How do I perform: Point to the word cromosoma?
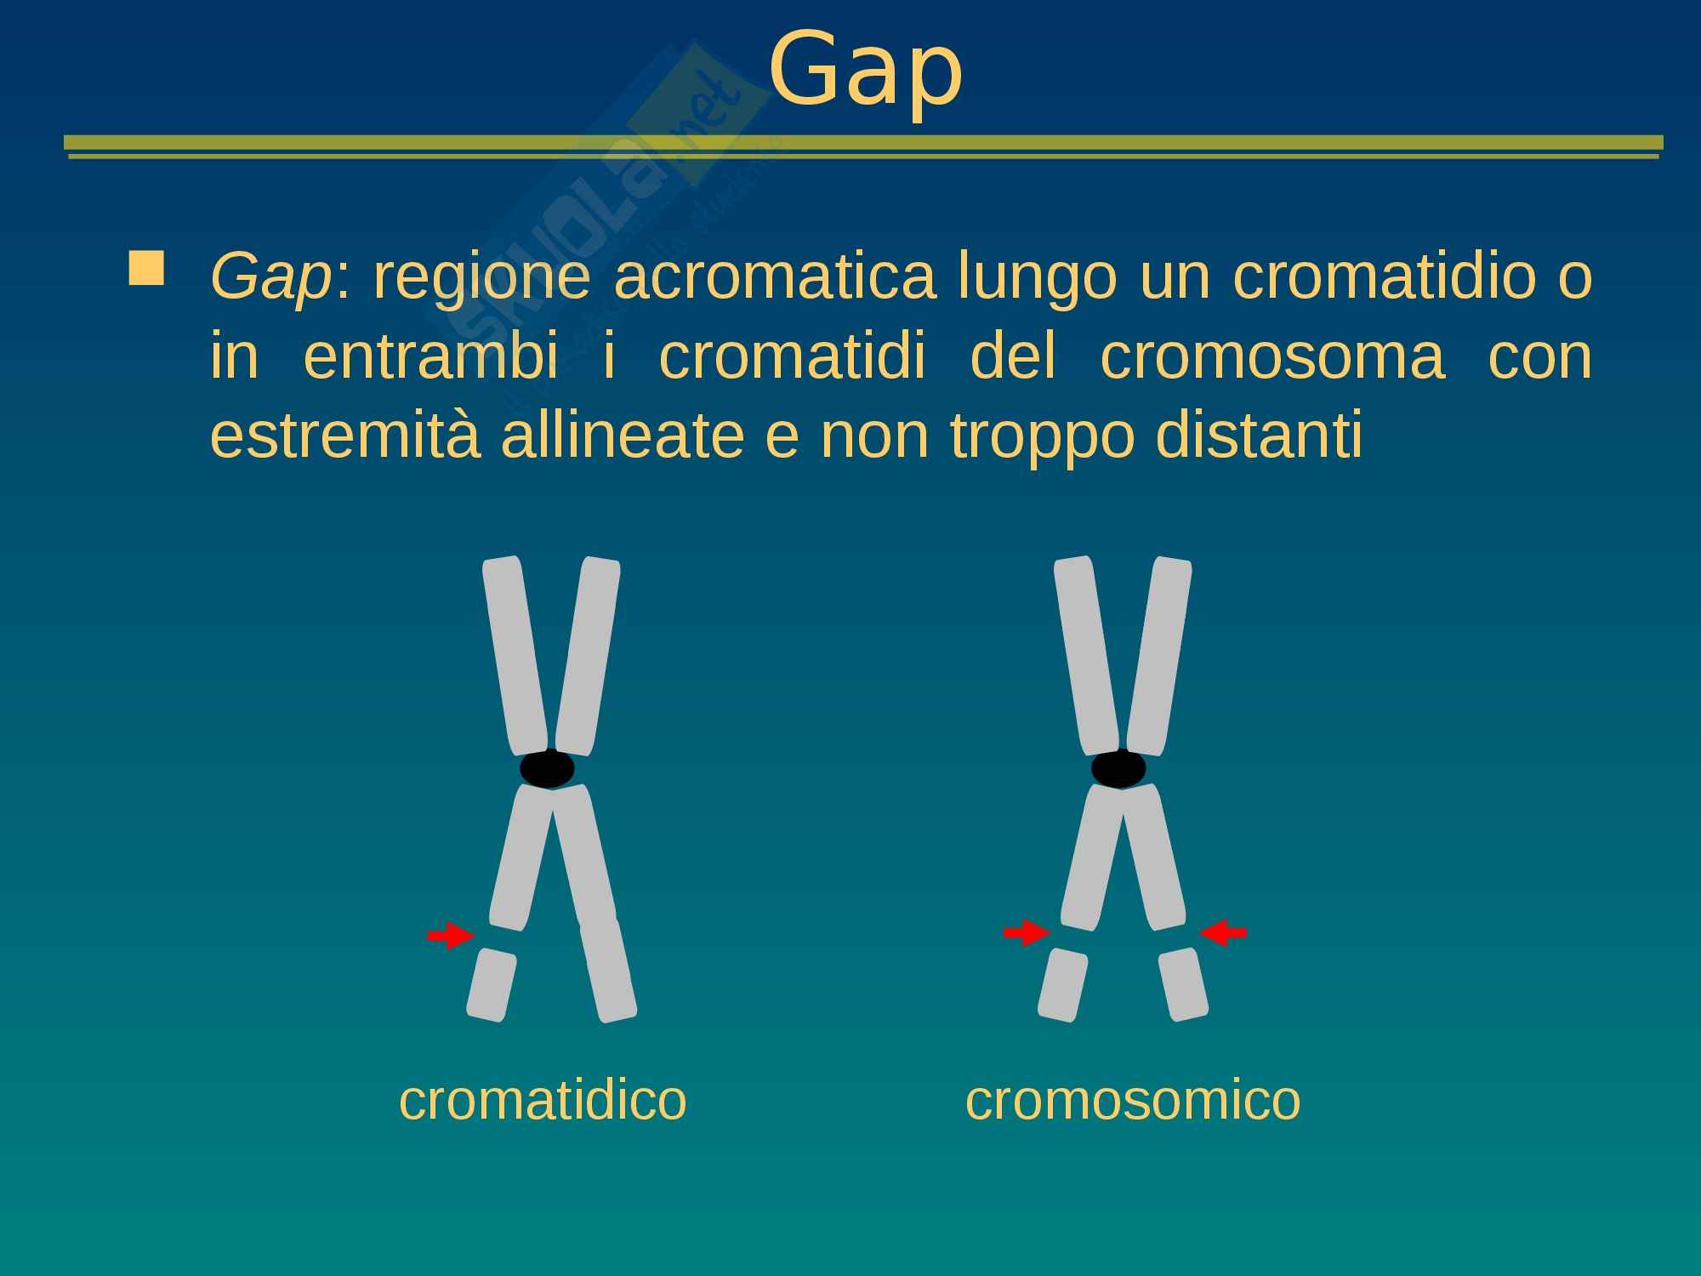(1272, 357)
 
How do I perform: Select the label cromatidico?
(543, 1099)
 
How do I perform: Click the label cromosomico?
(1133, 1099)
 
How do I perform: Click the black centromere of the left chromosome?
(548, 769)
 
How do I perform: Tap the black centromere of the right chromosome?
(1118, 769)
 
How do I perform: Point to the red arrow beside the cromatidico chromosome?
(450, 936)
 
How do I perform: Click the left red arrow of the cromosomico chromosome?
(1027, 933)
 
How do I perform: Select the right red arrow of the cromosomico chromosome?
(1223, 933)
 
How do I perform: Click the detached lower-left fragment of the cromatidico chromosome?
(492, 984)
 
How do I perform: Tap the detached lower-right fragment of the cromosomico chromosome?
(1183, 984)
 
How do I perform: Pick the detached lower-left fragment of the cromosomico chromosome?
(1063, 984)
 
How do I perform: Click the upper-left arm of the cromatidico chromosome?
(515, 656)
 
